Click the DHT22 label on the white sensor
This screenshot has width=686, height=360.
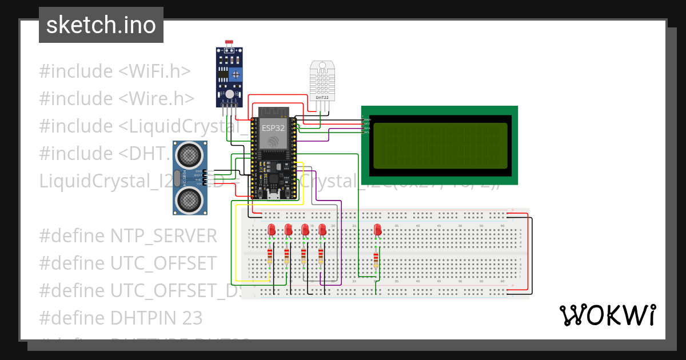pos(322,97)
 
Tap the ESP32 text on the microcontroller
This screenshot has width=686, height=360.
pos(273,127)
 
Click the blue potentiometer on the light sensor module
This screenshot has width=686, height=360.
pos(235,74)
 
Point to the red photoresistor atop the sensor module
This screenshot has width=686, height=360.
pos(230,43)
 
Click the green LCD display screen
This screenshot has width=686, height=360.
pos(439,145)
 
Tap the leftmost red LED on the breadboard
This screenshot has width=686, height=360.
pos(271,230)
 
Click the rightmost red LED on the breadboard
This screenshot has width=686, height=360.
pos(377,230)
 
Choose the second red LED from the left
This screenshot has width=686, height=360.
pos(288,230)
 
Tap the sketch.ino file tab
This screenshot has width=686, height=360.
pos(101,25)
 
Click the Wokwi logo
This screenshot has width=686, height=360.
pos(607,315)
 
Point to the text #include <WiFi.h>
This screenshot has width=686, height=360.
pos(114,71)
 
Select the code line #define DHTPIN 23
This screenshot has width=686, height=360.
pos(121,318)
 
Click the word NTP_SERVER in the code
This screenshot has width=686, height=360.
pos(163,236)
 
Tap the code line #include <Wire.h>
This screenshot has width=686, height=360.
pos(117,99)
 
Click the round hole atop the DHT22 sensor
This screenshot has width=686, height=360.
pos(322,64)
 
